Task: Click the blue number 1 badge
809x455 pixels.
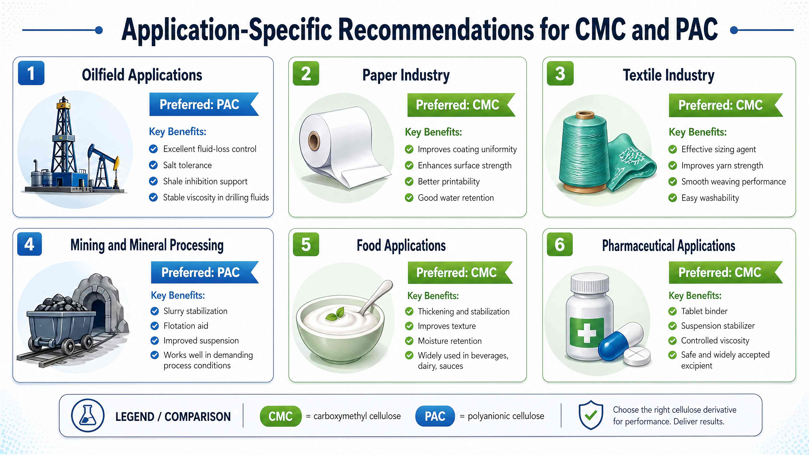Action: point(31,73)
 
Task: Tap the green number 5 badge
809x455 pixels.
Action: point(305,244)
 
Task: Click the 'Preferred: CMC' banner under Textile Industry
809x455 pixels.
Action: point(721,105)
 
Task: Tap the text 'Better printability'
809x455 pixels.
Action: point(449,182)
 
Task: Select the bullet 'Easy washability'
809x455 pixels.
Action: point(710,198)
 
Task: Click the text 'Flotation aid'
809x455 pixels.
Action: point(186,326)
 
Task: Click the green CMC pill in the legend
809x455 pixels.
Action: point(280,416)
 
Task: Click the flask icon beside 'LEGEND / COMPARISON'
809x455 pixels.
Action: point(88,415)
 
